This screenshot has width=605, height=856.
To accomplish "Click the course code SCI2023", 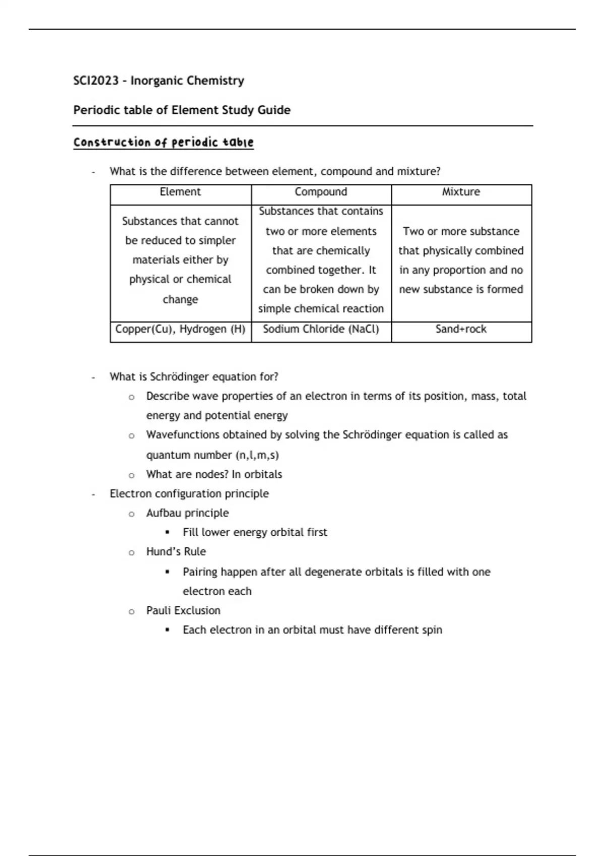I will tap(96, 81).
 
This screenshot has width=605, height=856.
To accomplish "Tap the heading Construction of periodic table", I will tap(163, 142).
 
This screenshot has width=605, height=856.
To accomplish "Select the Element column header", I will tap(180, 192).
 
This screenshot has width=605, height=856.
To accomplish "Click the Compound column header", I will tap(321, 192).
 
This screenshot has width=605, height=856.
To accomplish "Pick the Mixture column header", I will tap(461, 192).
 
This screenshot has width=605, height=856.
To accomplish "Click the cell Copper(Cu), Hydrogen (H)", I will tap(180, 329).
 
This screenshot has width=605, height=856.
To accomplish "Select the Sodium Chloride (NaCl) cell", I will tap(321, 329).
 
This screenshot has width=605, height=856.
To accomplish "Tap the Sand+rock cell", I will tap(461, 329).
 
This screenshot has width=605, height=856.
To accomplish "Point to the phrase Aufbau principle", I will tap(187, 513).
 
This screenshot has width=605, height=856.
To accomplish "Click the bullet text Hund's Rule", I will tap(176, 552).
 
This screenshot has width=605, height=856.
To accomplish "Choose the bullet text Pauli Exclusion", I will tap(183, 611).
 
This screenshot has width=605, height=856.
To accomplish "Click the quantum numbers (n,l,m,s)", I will tap(257, 455).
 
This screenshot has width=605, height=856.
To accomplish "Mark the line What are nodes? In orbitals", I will tap(214, 474).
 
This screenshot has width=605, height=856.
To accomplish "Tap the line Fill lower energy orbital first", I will tap(255, 532).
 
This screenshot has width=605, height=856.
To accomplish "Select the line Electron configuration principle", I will tap(189, 493).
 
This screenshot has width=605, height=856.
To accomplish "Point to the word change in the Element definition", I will tap(180, 300).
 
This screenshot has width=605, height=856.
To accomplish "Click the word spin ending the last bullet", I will tap(432, 630).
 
